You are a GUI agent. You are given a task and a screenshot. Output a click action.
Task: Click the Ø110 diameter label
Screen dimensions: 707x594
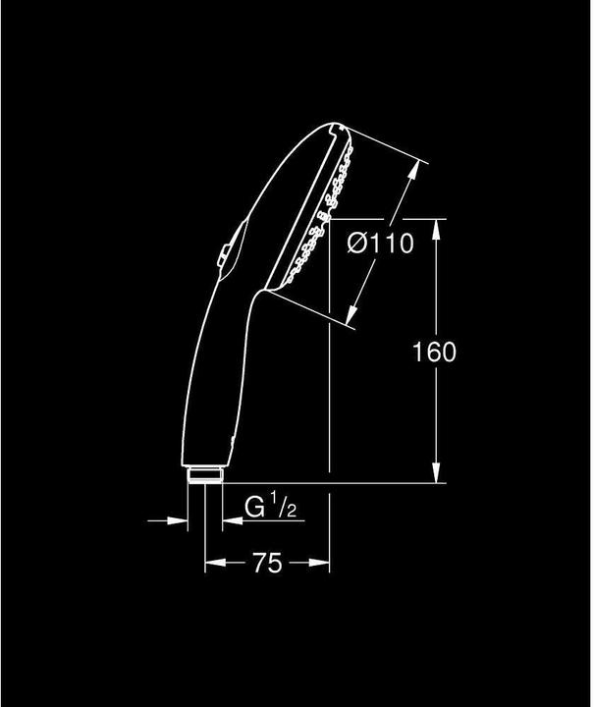(380, 244)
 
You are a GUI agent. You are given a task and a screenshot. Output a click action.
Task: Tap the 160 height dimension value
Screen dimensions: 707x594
(435, 352)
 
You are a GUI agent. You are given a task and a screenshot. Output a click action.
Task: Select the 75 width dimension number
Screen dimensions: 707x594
(266, 563)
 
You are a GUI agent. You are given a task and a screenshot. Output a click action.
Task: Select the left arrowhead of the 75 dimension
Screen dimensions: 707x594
(211, 563)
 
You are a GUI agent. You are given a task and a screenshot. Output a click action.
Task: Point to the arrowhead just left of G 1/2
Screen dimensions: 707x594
(228, 519)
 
